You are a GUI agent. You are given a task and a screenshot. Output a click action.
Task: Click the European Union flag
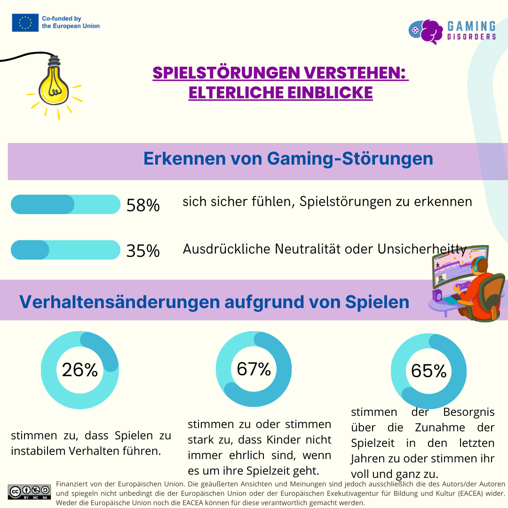tap(25, 23)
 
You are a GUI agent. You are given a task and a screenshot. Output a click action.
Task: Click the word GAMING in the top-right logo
tap(471, 26)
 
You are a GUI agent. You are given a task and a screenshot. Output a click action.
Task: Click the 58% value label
tap(143, 206)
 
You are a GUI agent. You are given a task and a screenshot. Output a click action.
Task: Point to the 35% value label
tap(143, 251)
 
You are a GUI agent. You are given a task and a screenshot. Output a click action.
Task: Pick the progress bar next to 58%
tap(65, 205)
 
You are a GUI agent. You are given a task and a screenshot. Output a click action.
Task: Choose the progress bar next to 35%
tap(65, 250)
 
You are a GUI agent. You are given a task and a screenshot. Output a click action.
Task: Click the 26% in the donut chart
tap(79, 370)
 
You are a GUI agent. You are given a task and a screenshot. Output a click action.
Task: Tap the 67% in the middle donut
tap(254, 369)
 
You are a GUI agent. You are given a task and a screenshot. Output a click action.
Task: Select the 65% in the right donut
tap(429, 371)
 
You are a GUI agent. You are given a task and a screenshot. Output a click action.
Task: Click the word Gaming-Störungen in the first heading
tap(350, 159)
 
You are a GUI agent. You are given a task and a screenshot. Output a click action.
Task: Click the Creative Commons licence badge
tap(29, 492)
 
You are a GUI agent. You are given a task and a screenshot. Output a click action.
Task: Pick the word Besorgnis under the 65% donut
tap(469, 413)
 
